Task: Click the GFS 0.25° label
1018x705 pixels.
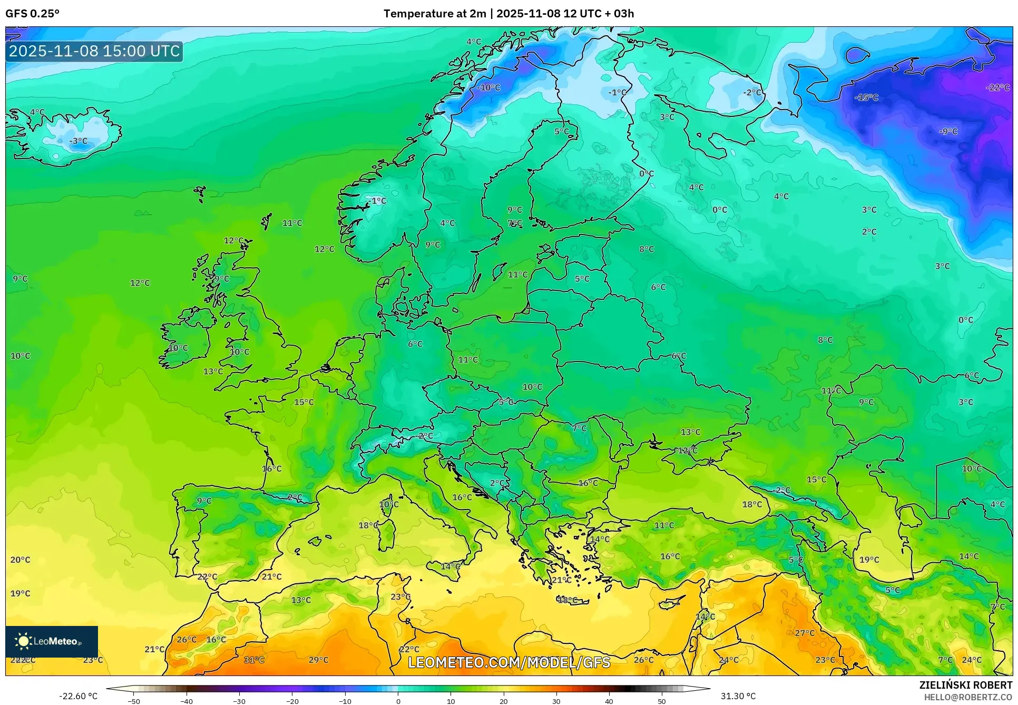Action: pyautogui.click(x=32, y=14)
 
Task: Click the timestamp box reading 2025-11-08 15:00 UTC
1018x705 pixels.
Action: pyautogui.click(x=94, y=51)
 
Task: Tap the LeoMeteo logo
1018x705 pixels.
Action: pyautogui.click(x=51, y=641)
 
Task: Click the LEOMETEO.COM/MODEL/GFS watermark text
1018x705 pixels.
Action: pyautogui.click(x=509, y=662)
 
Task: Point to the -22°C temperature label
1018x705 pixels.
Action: pyautogui.click(x=997, y=87)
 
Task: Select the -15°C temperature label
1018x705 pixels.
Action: pyautogui.click(x=866, y=97)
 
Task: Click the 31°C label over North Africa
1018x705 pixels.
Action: pyautogui.click(x=254, y=660)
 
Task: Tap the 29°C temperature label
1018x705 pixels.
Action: pyautogui.click(x=318, y=660)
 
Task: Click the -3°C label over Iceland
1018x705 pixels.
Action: pyautogui.click(x=79, y=141)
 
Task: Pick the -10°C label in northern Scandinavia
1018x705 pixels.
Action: pyautogui.click(x=488, y=87)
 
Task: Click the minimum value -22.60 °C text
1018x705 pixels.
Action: pyautogui.click(x=78, y=696)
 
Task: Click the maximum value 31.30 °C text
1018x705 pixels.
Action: pyautogui.click(x=738, y=696)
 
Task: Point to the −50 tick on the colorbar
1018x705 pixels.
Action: pyautogui.click(x=134, y=701)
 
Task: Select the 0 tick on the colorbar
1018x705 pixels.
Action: pyautogui.click(x=398, y=701)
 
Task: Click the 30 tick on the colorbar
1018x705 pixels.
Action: pyautogui.click(x=556, y=701)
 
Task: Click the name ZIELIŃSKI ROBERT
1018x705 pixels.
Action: pyautogui.click(x=965, y=685)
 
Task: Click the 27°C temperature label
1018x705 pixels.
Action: pyautogui.click(x=805, y=633)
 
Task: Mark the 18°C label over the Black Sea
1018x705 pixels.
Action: pyautogui.click(x=752, y=504)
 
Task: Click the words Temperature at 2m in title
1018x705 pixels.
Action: pyautogui.click(x=435, y=14)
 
